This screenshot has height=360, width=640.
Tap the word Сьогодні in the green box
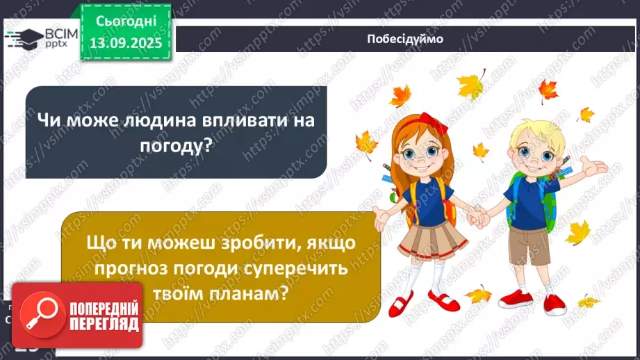click(125, 22)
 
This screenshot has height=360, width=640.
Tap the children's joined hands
click(478, 218)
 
